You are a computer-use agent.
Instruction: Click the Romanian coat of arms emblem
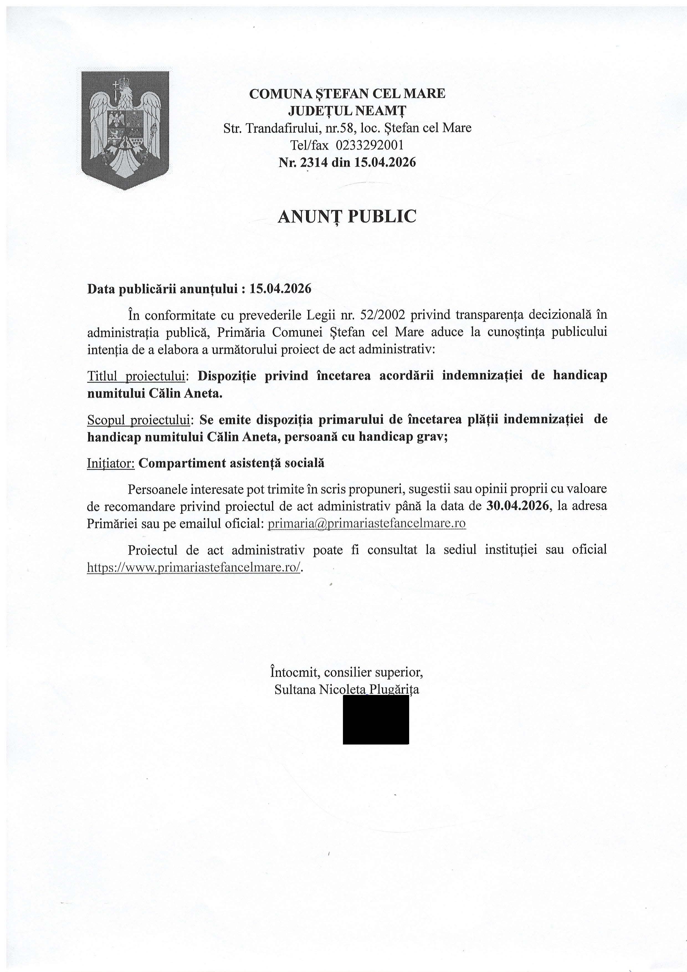[126, 130]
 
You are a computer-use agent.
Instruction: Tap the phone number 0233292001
[370, 145]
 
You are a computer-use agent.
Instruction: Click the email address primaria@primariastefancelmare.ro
[367, 524]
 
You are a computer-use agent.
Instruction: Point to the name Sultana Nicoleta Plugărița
[347, 690]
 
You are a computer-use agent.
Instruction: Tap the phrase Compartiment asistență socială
[232, 463]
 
